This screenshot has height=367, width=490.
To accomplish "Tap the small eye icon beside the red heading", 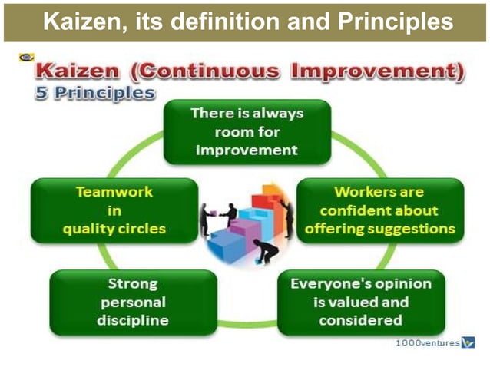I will pos(25,58).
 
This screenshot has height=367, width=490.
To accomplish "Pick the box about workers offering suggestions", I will pos(379,210).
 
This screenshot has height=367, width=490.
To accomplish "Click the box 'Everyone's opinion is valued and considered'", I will pos(361,303).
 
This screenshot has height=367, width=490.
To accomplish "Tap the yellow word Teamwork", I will pos(114,193).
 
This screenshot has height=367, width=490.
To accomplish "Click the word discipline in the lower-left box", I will pos(132,320).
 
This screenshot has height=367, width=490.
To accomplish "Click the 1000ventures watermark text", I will pos(427,343).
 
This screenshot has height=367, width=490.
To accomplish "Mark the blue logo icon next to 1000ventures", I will pos(468,343).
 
